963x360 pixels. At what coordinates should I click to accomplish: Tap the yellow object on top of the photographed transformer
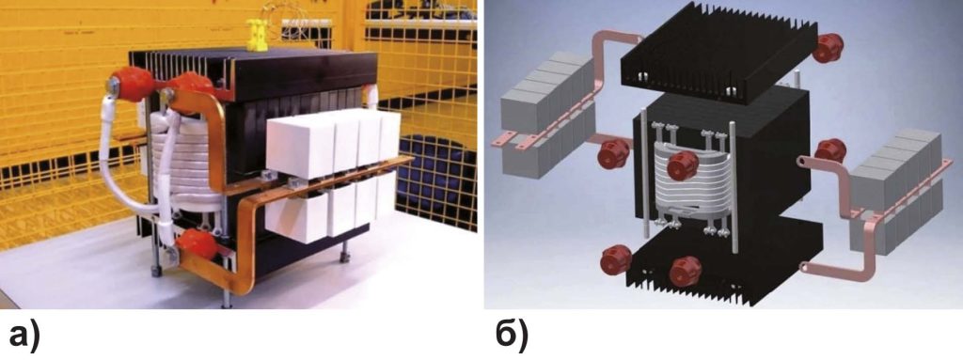(x=257, y=35)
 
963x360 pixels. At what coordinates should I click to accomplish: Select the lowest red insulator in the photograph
(x=197, y=244)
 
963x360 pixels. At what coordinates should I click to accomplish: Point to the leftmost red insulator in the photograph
(x=131, y=84)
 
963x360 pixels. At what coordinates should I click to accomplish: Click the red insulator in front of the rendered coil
(x=683, y=164)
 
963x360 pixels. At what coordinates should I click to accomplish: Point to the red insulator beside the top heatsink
(x=829, y=48)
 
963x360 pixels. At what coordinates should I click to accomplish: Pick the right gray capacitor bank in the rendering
(x=895, y=192)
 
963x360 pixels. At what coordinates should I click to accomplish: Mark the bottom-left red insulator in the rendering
(x=616, y=259)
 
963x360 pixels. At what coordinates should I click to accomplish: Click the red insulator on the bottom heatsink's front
(x=686, y=272)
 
